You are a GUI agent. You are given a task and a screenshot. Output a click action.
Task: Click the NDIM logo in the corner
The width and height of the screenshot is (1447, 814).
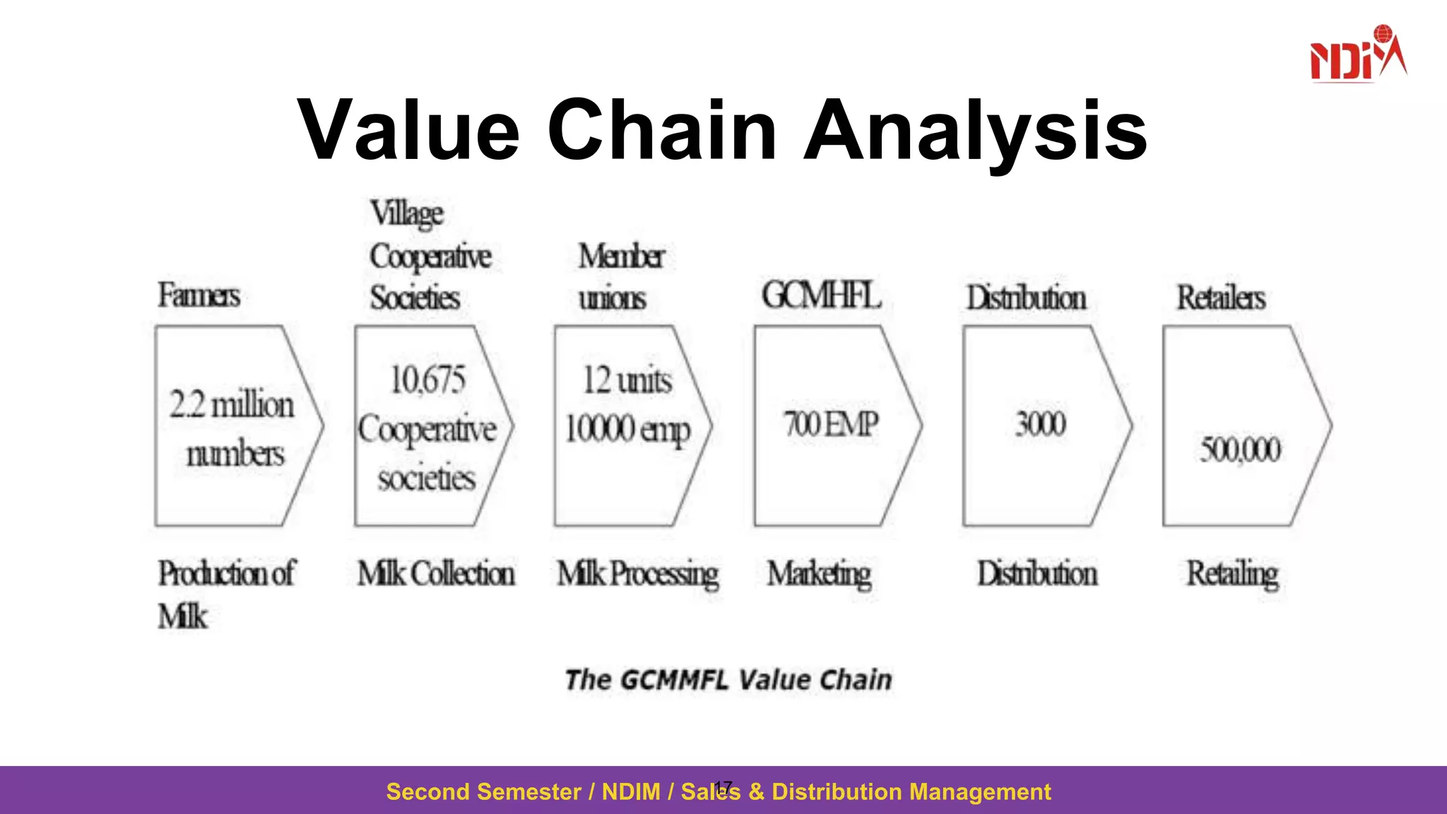[x=1357, y=55]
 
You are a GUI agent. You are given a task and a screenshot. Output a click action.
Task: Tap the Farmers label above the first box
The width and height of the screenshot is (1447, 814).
[x=199, y=295]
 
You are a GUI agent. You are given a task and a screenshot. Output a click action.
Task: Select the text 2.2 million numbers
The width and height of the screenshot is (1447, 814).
[x=232, y=428]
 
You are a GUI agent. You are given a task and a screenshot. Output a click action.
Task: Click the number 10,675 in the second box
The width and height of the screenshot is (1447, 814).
[x=428, y=380]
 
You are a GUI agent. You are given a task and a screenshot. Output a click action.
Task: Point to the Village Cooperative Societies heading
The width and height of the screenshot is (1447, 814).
[x=430, y=256]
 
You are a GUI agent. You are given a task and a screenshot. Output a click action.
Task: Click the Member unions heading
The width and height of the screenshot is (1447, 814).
[x=620, y=276]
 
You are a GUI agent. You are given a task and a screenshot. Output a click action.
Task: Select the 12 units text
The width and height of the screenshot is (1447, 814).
[x=627, y=381]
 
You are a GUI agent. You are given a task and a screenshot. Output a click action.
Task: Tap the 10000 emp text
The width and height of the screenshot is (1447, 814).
[x=627, y=429]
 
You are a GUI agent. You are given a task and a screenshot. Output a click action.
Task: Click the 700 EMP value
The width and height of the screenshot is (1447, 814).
[x=831, y=425]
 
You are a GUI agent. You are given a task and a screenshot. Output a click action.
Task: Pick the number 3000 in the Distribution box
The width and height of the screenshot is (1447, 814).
[x=1040, y=424]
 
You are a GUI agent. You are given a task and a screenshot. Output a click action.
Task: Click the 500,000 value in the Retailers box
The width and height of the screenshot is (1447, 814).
[x=1240, y=449]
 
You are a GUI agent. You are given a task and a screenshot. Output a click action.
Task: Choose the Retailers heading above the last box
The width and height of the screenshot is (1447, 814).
[x=1220, y=297]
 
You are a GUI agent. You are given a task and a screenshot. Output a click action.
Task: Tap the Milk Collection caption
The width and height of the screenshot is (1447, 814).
[x=436, y=573]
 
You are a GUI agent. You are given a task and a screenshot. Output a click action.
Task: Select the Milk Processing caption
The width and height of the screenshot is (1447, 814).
[x=637, y=574]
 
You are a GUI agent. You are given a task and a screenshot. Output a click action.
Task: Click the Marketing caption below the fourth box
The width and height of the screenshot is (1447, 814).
[x=820, y=574]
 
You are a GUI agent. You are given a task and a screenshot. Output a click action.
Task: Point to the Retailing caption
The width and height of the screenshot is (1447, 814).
[x=1232, y=574]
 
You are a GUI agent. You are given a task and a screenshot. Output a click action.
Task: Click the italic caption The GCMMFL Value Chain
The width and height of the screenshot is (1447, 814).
[x=728, y=680]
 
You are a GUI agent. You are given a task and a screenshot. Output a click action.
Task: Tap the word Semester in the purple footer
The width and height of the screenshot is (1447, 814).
[x=520, y=791]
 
